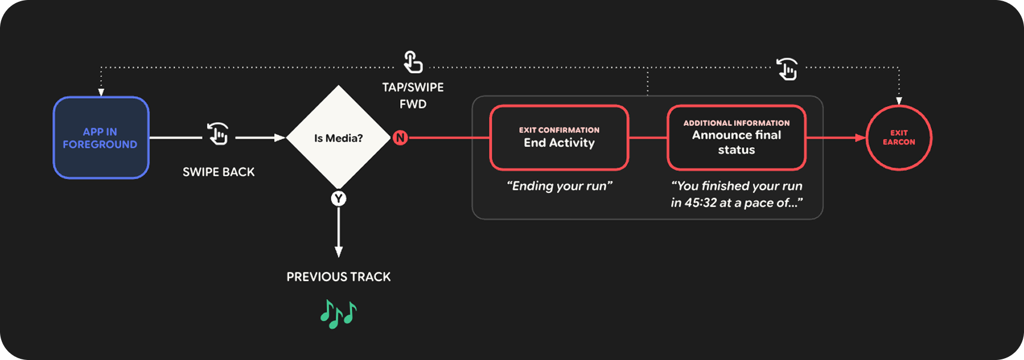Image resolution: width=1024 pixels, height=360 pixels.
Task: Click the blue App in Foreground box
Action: click(x=100, y=138)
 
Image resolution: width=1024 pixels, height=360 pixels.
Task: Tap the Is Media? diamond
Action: click(x=339, y=138)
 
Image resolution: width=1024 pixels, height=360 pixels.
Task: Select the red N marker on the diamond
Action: click(x=400, y=138)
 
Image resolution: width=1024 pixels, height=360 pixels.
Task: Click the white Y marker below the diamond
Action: click(x=339, y=199)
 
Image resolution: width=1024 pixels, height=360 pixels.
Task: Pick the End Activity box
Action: click(x=559, y=138)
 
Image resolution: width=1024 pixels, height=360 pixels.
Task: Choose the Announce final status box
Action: click(x=736, y=138)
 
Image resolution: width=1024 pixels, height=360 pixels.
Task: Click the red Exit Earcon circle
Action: click(x=898, y=138)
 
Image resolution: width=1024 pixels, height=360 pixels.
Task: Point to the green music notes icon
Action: click(x=339, y=313)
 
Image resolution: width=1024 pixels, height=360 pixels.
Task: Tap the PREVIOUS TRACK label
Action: click(x=339, y=277)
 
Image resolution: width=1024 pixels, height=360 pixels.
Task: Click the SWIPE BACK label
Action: click(x=218, y=172)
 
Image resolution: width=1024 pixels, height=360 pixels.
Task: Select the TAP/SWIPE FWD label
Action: click(x=413, y=96)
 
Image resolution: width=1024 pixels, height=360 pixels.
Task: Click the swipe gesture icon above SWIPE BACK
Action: click(x=218, y=133)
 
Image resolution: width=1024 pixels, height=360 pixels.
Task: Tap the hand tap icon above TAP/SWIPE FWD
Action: click(x=413, y=62)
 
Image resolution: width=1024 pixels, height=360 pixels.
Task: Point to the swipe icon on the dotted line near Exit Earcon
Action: click(x=787, y=69)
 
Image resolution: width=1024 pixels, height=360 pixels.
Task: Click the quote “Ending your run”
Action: click(x=559, y=186)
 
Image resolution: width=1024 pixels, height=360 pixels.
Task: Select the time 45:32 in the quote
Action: click(x=700, y=203)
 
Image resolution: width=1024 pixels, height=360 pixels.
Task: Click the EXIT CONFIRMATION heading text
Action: click(x=559, y=130)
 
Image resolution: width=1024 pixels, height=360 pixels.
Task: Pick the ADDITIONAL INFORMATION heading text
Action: click(x=736, y=123)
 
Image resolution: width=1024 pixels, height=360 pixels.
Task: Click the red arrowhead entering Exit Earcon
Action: click(x=860, y=138)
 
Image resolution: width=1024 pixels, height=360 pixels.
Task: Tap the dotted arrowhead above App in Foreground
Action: click(x=101, y=92)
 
